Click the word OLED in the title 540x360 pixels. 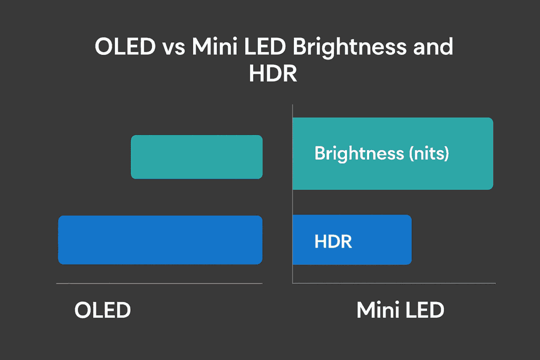pos(126,46)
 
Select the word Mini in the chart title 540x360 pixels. pos(215,46)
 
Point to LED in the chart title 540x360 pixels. pos(265,46)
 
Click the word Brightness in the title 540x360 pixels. pos(350,48)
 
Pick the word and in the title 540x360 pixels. pos(433,46)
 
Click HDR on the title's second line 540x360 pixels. pos(273,73)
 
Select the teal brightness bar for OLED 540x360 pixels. pos(197,157)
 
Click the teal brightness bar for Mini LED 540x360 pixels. pos(393,153)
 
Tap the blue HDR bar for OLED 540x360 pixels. pos(160,240)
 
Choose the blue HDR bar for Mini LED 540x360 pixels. pos(352,240)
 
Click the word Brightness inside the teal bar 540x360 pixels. pos(359,154)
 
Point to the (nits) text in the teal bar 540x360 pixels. pos(429,153)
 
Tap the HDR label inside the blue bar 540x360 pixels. pos(333,241)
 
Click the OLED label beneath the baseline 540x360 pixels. pos(103,310)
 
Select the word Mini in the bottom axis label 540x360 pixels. pos(378,310)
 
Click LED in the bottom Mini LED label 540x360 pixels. pos(425,310)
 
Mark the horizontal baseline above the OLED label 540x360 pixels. pos(159,284)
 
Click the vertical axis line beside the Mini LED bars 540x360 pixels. pos(292,194)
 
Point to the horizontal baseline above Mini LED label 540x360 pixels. pos(394,284)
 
